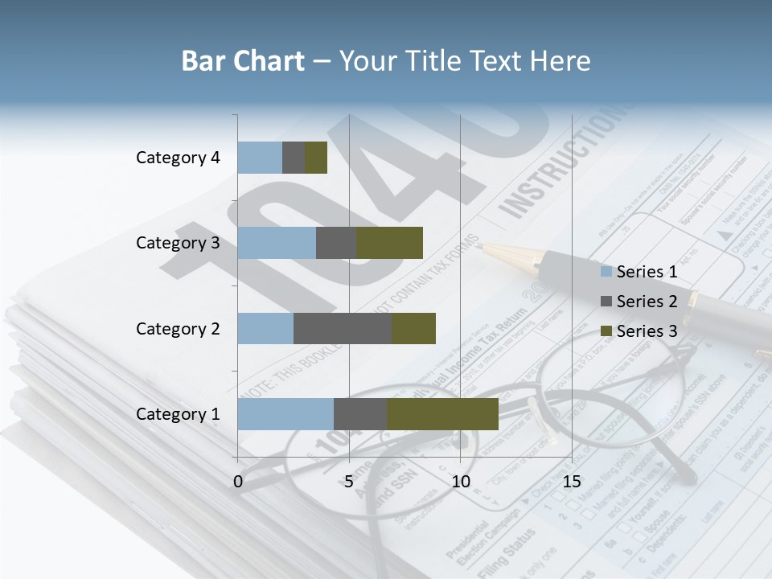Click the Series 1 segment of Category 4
[260, 158]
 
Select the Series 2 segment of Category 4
[294, 158]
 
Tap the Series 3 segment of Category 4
[316, 158]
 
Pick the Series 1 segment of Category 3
[277, 243]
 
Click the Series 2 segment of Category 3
[336, 243]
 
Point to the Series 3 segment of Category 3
[389, 243]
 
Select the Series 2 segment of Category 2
[343, 328]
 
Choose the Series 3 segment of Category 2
[413, 328]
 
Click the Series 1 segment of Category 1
[285, 414]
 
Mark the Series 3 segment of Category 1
[442, 414]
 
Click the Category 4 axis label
[178, 158]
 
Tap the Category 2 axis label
[178, 329]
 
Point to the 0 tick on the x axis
[238, 482]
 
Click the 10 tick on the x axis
[460, 482]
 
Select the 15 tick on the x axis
[572, 482]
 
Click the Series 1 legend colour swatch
[606, 272]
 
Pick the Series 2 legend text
[647, 302]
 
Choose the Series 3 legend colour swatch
[606, 331]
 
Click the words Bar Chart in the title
[243, 61]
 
